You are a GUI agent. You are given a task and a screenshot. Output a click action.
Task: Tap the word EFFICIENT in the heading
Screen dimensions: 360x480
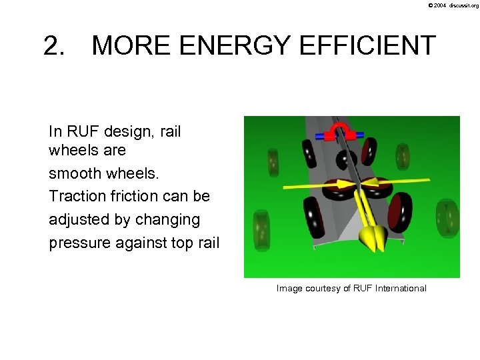pos(365,46)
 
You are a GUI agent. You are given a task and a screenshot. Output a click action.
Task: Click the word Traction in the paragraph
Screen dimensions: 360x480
pos(75,196)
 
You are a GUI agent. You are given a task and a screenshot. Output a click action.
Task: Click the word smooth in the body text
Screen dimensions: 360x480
pos(71,173)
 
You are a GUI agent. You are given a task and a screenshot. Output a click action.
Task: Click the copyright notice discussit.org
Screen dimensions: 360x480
pos(454,5)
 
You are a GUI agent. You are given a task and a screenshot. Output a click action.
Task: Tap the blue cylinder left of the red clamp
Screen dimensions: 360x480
pos(326,135)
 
